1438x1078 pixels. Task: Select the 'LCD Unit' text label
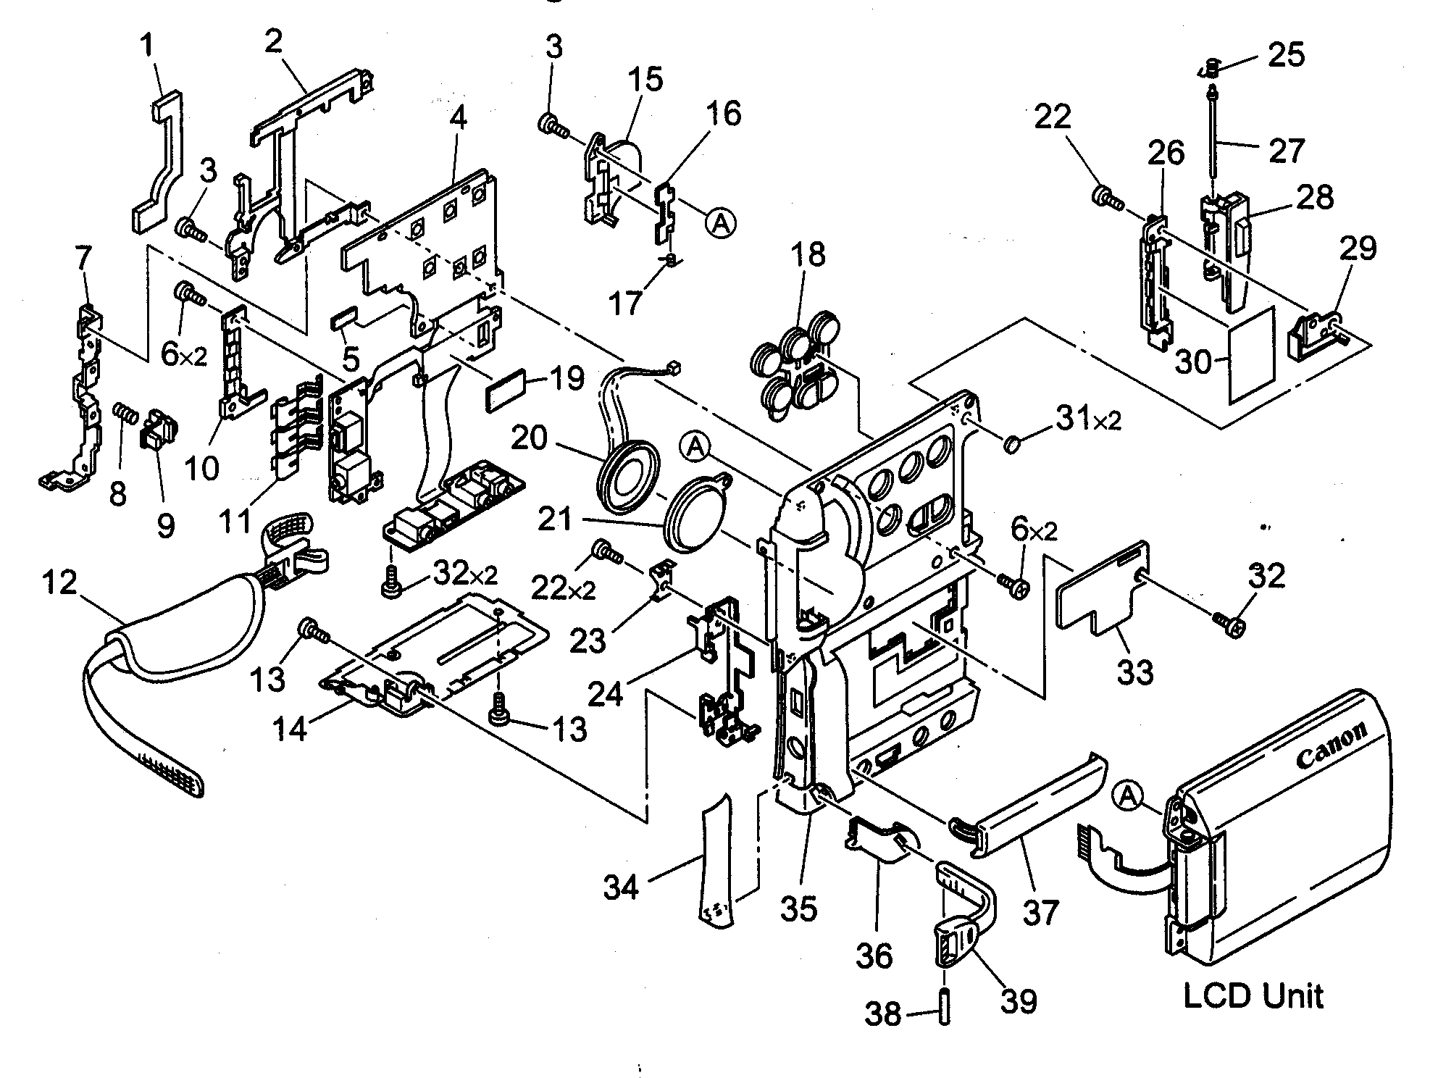click(1253, 995)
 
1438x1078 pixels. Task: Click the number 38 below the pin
click(883, 1014)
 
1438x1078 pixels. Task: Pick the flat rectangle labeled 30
click(1252, 355)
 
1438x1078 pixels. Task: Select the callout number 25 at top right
click(1286, 55)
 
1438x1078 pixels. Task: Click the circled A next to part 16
click(720, 222)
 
